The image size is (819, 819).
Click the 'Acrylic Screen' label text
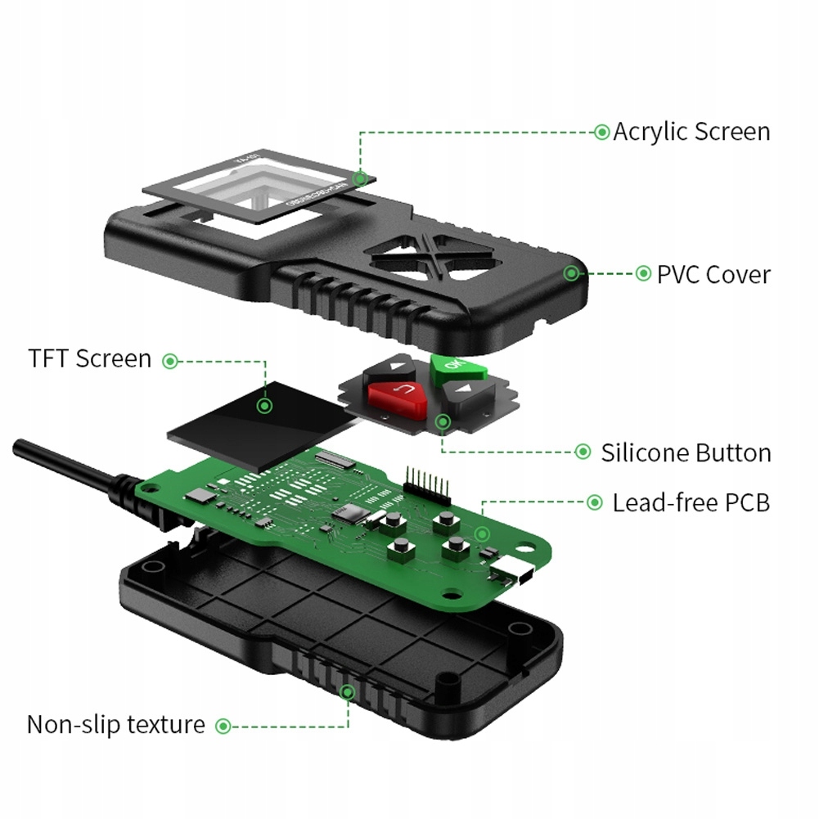(x=691, y=132)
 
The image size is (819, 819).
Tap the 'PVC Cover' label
(x=713, y=274)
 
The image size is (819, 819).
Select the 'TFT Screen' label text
(x=90, y=359)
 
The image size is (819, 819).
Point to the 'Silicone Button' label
(x=686, y=452)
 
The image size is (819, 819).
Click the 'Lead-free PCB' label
(x=691, y=502)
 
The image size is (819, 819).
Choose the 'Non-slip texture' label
(x=116, y=724)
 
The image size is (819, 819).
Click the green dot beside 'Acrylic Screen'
(x=601, y=132)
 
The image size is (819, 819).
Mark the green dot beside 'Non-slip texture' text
(x=223, y=725)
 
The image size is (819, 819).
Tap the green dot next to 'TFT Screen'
(x=169, y=360)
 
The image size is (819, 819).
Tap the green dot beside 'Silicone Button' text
(x=583, y=452)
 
